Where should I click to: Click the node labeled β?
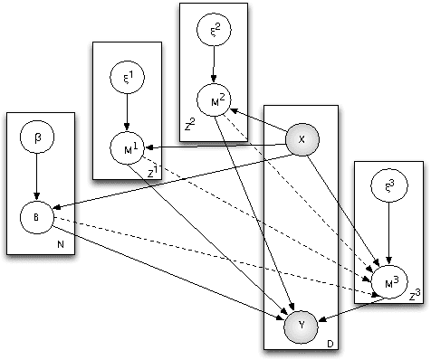[x=36, y=138]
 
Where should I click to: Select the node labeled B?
[x=36, y=217]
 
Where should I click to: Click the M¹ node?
[x=127, y=146]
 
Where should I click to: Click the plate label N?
[x=60, y=245]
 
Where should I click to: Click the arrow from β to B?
[x=36, y=178]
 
